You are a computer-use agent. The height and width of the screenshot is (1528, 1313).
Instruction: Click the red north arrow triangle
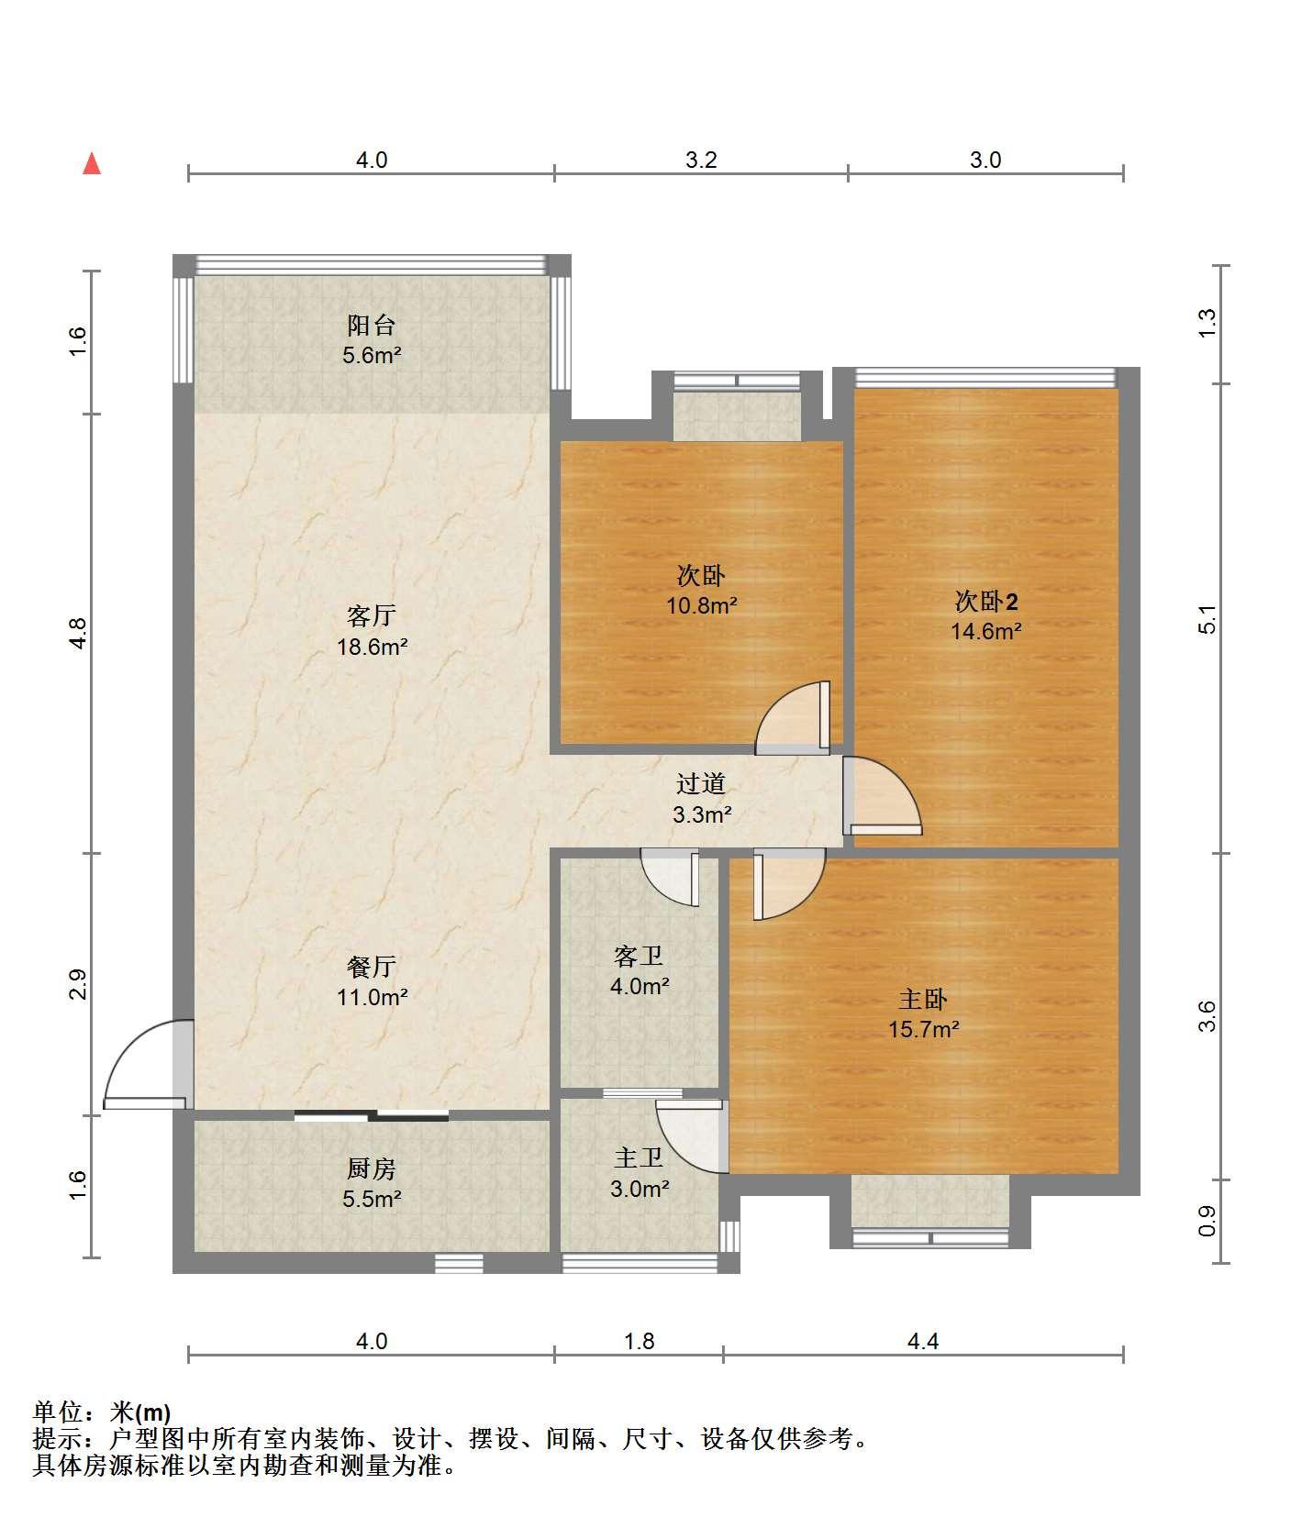pos(92,164)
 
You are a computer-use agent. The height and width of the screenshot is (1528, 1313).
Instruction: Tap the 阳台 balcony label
pos(372,325)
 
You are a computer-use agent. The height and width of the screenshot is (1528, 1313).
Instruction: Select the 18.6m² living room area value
pos(372,647)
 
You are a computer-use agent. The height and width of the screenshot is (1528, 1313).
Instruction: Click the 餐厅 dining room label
pos(372,966)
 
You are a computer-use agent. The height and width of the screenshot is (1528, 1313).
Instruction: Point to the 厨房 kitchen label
pos(372,1168)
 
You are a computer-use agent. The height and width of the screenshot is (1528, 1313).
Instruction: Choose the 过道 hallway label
pos(701,783)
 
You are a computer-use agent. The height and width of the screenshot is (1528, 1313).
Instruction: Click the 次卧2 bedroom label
pos(986,602)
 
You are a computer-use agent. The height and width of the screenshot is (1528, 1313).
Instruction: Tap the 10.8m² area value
pos(702,605)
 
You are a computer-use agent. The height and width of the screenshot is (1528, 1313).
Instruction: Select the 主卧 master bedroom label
pos(923,999)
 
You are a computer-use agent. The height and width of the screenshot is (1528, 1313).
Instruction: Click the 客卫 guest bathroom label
pos(639,957)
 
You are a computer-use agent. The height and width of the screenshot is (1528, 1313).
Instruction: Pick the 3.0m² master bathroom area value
pos(640,1189)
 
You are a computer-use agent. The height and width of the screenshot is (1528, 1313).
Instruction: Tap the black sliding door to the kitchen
pos(372,1115)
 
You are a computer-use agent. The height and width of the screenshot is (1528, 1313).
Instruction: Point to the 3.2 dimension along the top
pos(701,160)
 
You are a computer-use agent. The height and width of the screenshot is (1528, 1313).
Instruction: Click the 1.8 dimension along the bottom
pos(640,1341)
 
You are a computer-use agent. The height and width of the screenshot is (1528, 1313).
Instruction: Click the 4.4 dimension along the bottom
pos(923,1341)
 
